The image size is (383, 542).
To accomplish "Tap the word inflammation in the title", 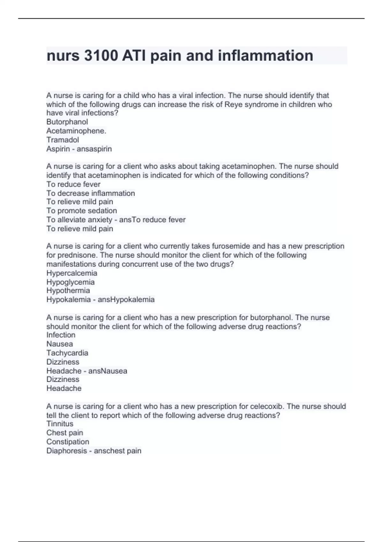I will click(265, 56).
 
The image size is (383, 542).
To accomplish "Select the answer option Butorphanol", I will click(67, 122).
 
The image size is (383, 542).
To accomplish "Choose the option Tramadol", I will click(63, 140).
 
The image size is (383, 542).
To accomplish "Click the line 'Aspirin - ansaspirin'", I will click(79, 149).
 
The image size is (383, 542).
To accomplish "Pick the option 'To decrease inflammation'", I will click(91, 193).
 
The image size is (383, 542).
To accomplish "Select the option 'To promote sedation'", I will click(81, 211).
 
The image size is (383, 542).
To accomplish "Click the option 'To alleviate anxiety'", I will click(79, 220).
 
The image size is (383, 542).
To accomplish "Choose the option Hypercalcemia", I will click(71, 273).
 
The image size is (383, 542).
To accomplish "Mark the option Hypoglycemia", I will click(70, 282).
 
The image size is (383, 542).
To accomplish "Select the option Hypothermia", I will click(68, 291).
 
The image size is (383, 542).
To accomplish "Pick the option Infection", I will click(61, 335).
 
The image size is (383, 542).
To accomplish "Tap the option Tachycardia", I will click(67, 353).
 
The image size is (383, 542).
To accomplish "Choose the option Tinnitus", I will click(60, 424).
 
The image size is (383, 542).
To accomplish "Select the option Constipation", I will click(68, 442).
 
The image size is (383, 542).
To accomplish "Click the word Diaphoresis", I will click(66, 451).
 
